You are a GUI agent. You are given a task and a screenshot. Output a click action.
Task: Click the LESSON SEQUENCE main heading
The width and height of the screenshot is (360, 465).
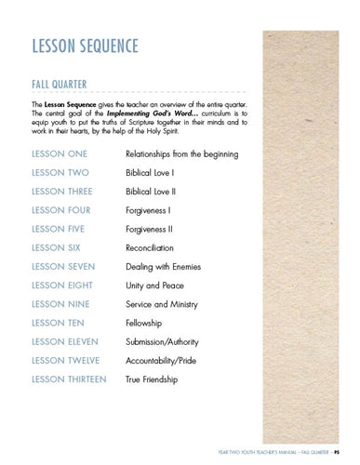click(87, 46)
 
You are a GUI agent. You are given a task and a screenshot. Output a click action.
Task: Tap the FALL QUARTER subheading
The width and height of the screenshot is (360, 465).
click(60, 85)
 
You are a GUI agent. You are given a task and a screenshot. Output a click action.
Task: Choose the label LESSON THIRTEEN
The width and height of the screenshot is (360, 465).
click(70, 379)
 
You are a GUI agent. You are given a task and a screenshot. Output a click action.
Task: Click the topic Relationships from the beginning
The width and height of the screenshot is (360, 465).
click(181, 153)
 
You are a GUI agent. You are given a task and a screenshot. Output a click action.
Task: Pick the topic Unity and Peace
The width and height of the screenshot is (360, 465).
click(156, 286)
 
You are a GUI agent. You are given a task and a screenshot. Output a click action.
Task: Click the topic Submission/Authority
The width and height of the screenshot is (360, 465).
click(167, 342)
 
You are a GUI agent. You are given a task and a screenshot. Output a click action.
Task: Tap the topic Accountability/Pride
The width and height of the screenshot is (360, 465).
click(167, 361)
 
